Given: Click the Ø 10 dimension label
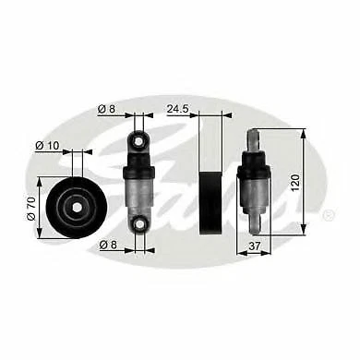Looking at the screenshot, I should (x=47, y=144).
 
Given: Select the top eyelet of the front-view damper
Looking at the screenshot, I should (x=137, y=140).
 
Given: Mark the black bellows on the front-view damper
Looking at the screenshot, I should (x=137, y=167).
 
